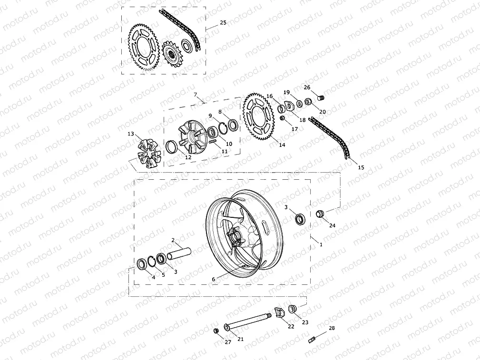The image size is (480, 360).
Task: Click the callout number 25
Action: click(x=223, y=23)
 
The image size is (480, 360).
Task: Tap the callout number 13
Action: click(x=131, y=134)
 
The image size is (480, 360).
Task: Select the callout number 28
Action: click(x=332, y=328)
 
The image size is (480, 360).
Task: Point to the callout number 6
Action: click(x=214, y=279)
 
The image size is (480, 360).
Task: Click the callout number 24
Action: click(x=332, y=225)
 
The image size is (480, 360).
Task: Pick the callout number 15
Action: click(x=361, y=167)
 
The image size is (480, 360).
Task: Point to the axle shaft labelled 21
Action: click(x=248, y=321)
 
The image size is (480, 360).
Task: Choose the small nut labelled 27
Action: click(x=216, y=331)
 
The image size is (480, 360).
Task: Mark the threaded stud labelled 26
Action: click(x=320, y=98)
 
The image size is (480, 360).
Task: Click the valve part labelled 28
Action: click(x=312, y=340)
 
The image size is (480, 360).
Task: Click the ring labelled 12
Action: click(x=171, y=147)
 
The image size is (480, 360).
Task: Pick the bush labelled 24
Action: click(x=320, y=214)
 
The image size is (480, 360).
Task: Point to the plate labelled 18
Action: click(x=289, y=106)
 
